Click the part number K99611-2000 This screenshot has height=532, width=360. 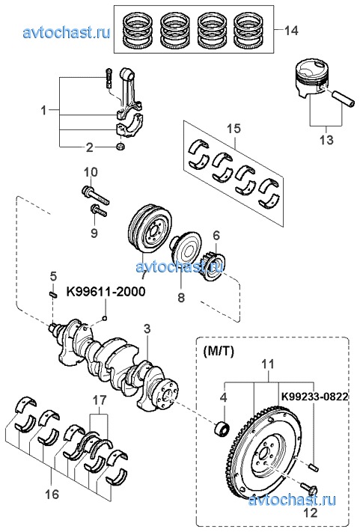click(x=106, y=292)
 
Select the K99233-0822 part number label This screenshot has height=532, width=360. click(x=314, y=397)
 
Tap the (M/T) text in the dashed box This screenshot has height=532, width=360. click(x=219, y=352)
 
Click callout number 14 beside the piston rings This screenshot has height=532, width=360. click(x=291, y=31)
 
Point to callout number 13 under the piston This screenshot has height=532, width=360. click(x=326, y=140)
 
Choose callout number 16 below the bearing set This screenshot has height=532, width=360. click(x=52, y=494)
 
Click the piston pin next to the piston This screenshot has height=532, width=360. click(x=344, y=99)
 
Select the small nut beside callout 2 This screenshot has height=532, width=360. click(x=120, y=147)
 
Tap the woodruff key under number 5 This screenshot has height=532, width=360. click(x=52, y=295)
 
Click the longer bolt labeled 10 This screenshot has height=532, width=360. click(x=96, y=195)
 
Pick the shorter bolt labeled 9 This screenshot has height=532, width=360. click(x=99, y=211)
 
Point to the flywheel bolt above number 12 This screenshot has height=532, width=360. click(x=308, y=488)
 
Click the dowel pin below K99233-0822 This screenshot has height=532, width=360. click(x=314, y=467)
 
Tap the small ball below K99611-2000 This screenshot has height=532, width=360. click(x=106, y=318)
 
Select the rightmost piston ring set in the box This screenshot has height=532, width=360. click(x=248, y=30)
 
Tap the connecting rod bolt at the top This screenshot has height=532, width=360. click(x=109, y=78)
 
